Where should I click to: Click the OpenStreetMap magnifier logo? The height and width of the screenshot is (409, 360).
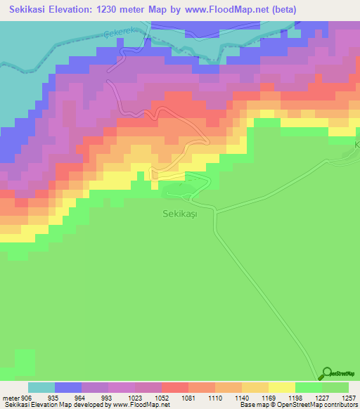pyautogui.click(x=326, y=373)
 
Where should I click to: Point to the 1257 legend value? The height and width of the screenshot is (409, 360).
pyautogui.click(x=340, y=398)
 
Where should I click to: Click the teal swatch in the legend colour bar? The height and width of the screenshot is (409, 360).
pyautogui.click(x=41, y=387)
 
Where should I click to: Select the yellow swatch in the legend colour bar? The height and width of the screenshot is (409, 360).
pyautogui.click(x=282, y=387)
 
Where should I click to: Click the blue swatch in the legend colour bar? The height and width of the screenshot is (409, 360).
pyautogui.click(x=68, y=387)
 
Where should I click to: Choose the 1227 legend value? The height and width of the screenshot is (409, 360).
pyautogui.click(x=312, y=398)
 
